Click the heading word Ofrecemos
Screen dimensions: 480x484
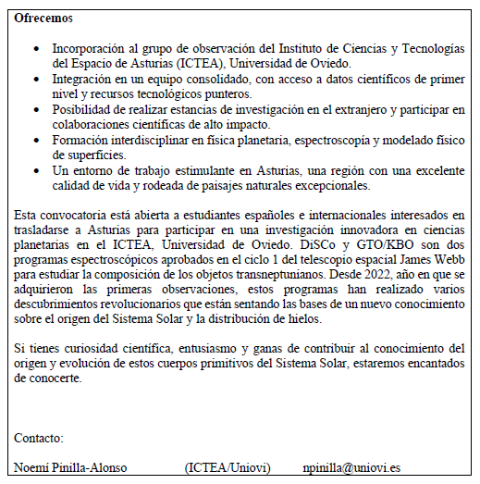[x=43, y=18]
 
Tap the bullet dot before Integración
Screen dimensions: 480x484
[x=36, y=80]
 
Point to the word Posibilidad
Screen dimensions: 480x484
[x=84, y=110]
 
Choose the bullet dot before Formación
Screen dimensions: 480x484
[x=36, y=141]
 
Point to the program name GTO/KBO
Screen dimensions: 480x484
[x=392, y=245]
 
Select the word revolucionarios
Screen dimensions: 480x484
[x=145, y=304]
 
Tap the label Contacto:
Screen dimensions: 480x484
[x=39, y=437]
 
